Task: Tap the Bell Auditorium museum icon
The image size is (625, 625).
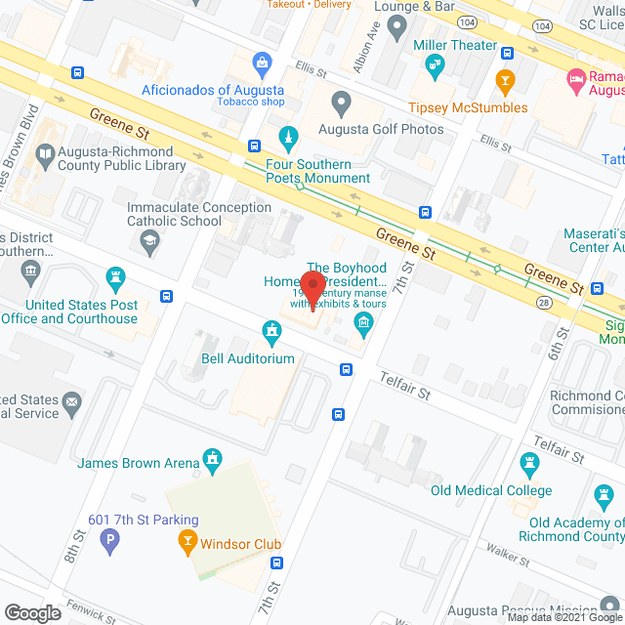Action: pyautogui.click(x=271, y=334)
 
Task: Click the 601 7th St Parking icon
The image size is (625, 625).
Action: pyautogui.click(x=111, y=539)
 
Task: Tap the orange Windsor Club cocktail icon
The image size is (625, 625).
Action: pyautogui.click(x=187, y=539)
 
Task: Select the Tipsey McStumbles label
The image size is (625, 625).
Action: pyautogui.click(x=467, y=107)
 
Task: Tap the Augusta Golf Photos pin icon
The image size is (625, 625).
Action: pyautogui.click(x=341, y=102)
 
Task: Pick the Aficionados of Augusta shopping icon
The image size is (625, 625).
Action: pyautogui.click(x=262, y=65)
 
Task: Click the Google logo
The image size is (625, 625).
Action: pyautogui.click(x=31, y=612)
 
